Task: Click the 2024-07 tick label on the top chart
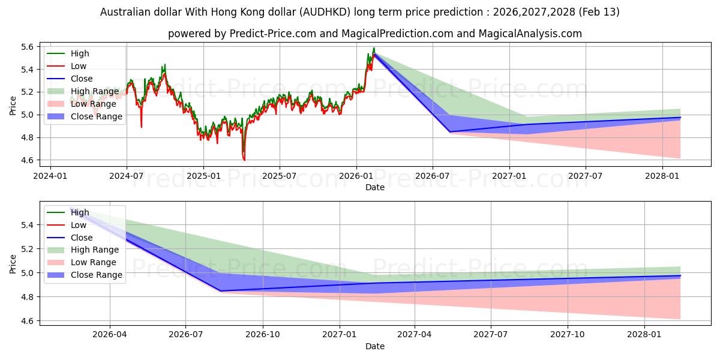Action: pyautogui.click(x=126, y=176)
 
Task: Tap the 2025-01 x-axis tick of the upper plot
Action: pyautogui.click(x=203, y=176)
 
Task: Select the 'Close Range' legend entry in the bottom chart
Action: pyautogui.click(x=96, y=275)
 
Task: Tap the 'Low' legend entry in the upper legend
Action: pyautogui.click(x=79, y=66)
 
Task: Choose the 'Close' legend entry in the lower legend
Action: pyautogui.click(x=82, y=238)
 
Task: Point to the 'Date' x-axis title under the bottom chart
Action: pyautogui.click(x=375, y=346)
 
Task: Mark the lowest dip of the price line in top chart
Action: pyautogui.click(x=244, y=160)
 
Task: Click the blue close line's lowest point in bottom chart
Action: pyautogui.click(x=221, y=291)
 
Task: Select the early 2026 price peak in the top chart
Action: pyautogui.click(x=374, y=48)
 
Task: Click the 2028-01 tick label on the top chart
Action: pyautogui.click(x=662, y=176)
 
